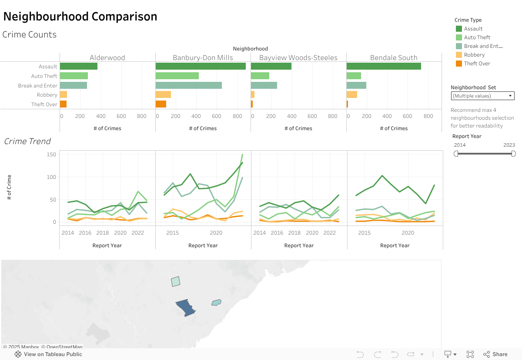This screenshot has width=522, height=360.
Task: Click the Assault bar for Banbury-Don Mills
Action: click(x=201, y=67)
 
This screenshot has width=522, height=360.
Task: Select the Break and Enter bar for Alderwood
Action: click(x=74, y=85)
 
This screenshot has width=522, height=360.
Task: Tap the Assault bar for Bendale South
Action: click(x=384, y=67)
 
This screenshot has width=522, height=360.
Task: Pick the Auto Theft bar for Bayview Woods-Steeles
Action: click(x=260, y=76)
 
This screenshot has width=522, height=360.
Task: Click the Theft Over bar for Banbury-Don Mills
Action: click(x=161, y=104)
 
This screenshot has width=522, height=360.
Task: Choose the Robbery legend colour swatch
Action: click(x=459, y=55)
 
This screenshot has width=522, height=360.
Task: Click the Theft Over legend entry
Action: click(x=477, y=64)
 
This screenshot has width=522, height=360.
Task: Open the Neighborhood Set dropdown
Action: click(x=482, y=96)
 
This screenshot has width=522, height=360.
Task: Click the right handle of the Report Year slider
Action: click(x=513, y=154)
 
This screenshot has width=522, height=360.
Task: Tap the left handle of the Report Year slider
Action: click(x=456, y=154)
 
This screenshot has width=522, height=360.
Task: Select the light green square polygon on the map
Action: click(x=175, y=281)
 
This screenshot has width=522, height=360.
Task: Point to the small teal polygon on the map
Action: click(x=216, y=302)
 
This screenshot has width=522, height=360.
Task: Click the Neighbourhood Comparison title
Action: click(x=80, y=17)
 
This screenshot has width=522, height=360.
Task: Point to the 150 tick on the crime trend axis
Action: click(x=51, y=155)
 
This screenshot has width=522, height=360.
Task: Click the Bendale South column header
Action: click(x=394, y=57)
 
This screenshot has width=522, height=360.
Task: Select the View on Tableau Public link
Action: click(x=49, y=354)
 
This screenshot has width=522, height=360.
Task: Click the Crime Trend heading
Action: click(x=27, y=141)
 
